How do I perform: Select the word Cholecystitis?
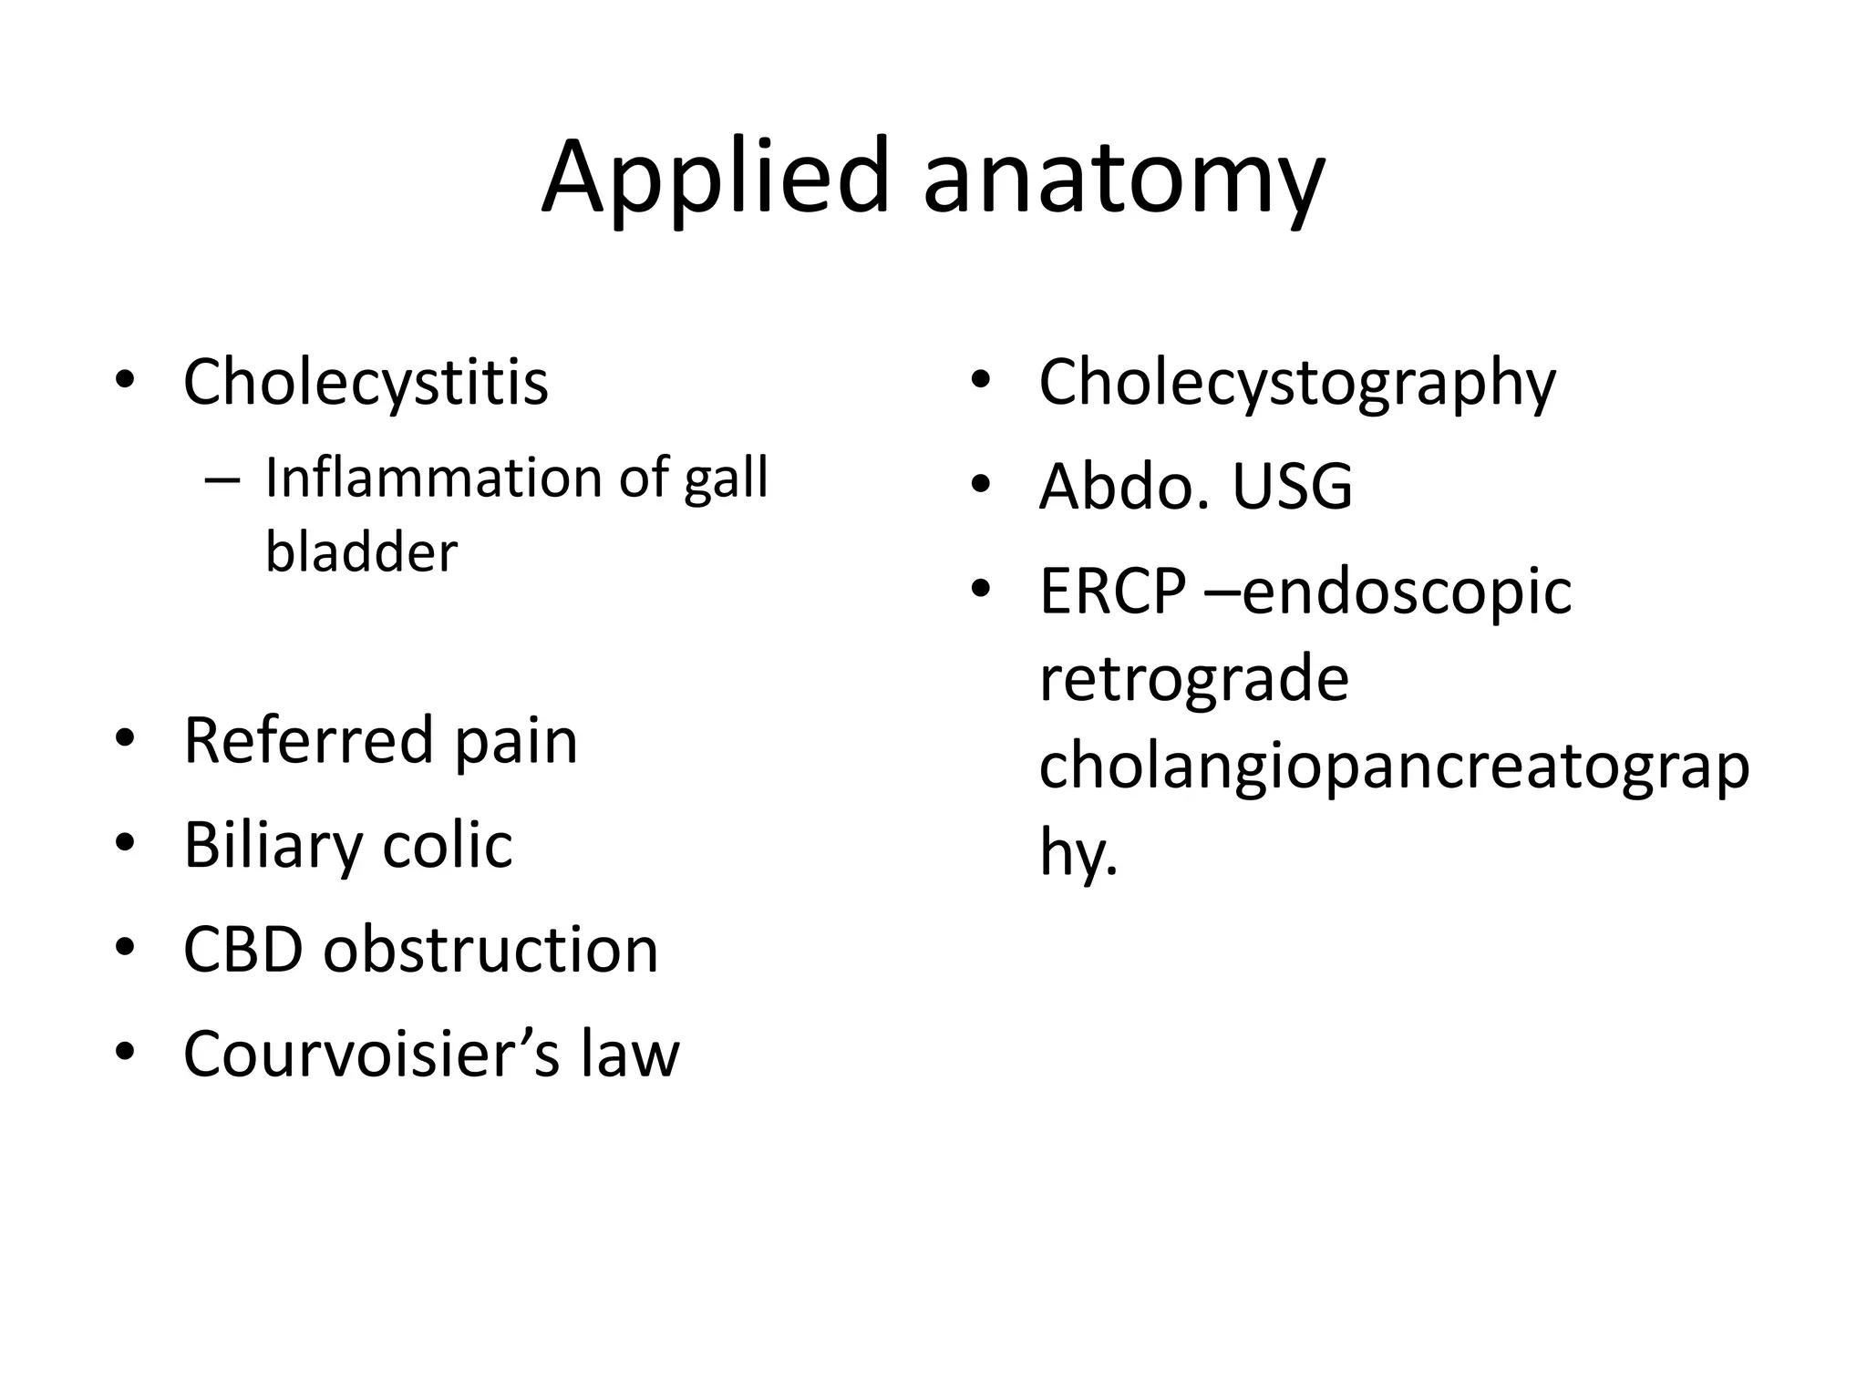(366, 382)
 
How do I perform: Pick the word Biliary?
(272, 846)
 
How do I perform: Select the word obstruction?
(490, 950)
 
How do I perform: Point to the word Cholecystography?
(1296, 383)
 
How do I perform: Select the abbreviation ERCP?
(1113, 592)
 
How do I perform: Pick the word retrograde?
(1193, 678)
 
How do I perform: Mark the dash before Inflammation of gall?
(222, 479)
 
